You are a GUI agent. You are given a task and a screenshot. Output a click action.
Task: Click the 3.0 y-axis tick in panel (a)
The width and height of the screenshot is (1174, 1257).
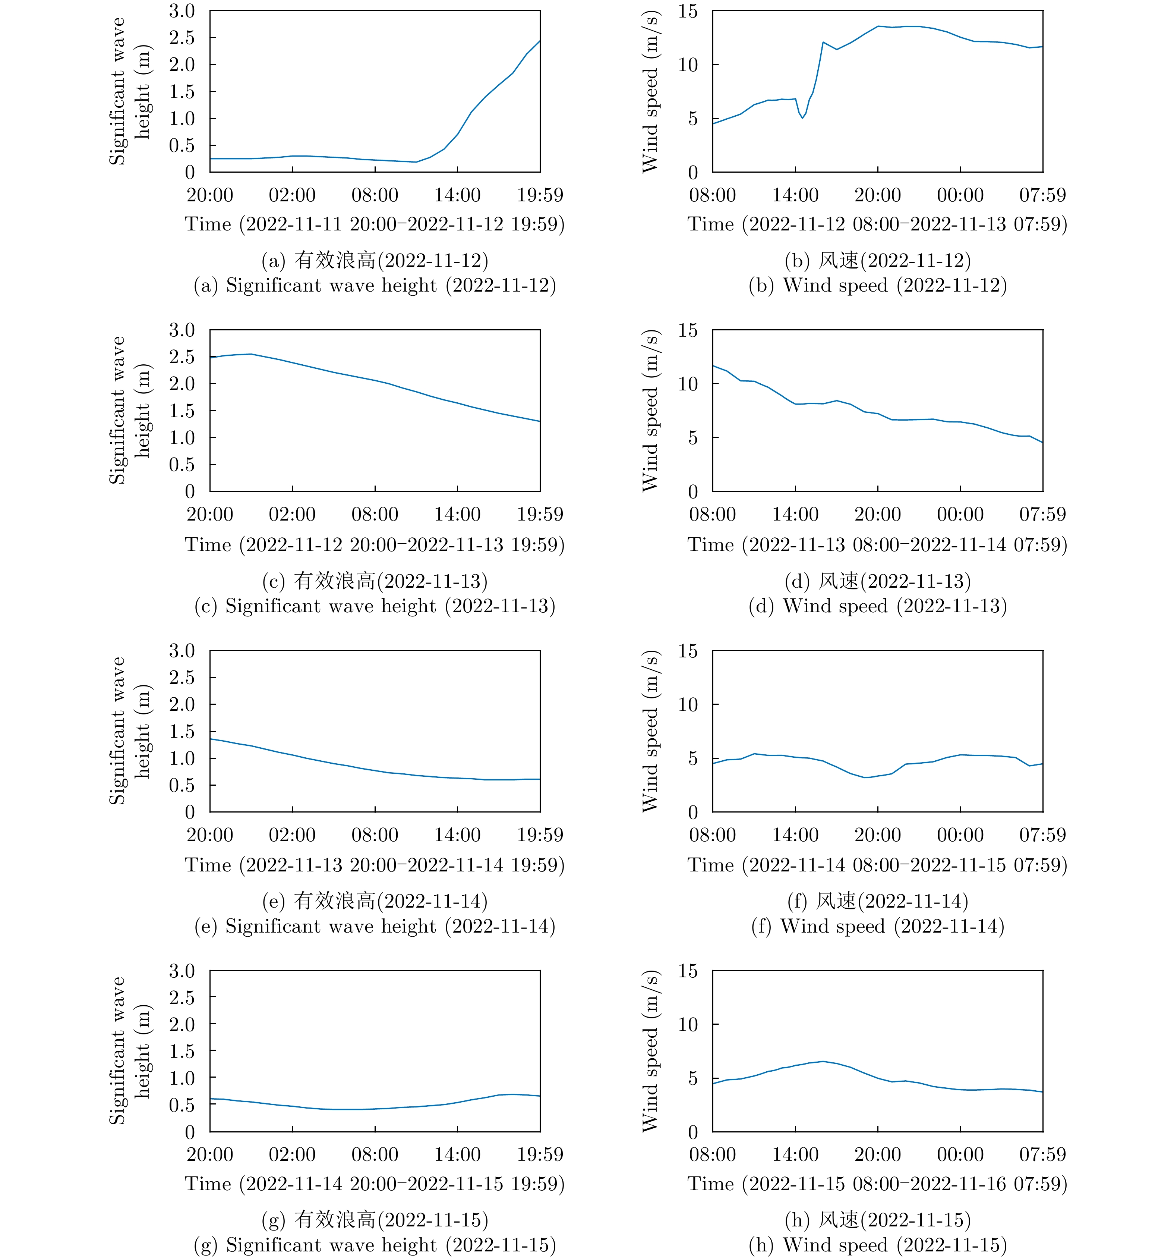pyautogui.click(x=182, y=11)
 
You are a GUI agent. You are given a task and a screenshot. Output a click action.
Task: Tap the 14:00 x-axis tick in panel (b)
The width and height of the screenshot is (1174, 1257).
pyautogui.click(x=795, y=195)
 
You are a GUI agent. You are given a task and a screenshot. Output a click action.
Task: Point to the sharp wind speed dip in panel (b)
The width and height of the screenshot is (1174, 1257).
pyautogui.click(x=802, y=117)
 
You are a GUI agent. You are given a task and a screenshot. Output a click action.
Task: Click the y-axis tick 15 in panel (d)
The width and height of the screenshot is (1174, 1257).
pyautogui.click(x=688, y=330)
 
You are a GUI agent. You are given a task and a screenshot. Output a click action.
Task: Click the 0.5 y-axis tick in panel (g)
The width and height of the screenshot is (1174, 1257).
pyautogui.click(x=182, y=1105)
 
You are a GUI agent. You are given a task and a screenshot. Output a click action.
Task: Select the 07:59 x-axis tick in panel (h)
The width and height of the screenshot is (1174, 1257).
pyautogui.click(x=1042, y=1154)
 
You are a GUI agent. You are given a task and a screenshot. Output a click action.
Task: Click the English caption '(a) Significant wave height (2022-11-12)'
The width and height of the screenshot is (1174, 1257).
pyautogui.click(x=375, y=286)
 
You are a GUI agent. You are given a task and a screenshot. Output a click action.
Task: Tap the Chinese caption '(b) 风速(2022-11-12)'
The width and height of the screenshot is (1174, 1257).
pyautogui.click(x=878, y=261)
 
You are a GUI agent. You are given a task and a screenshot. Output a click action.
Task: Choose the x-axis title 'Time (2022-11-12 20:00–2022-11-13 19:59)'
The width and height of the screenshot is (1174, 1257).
pyautogui.click(x=375, y=544)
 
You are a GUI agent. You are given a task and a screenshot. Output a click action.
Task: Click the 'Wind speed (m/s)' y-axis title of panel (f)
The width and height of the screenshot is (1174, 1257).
pyautogui.click(x=651, y=731)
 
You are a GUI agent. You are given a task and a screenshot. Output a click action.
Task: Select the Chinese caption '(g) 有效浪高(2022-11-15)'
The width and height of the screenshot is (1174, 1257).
pyautogui.click(x=375, y=1220)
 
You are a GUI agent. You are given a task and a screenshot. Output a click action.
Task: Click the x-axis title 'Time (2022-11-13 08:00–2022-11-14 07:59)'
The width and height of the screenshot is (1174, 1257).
pyautogui.click(x=878, y=544)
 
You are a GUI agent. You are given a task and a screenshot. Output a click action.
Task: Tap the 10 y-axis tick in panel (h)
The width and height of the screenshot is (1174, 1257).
pyautogui.click(x=688, y=1024)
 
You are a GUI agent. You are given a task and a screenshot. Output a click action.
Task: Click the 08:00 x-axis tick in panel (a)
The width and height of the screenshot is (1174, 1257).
pyautogui.click(x=375, y=195)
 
